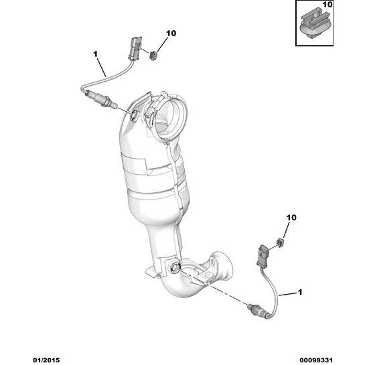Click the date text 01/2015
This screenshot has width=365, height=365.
pos(46,360)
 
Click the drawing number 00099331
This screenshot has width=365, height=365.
pos(316,360)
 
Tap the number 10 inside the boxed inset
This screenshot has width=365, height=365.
pos(327,5)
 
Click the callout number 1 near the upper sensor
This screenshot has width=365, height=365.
pos(95,54)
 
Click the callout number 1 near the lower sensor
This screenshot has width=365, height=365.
pos(300,292)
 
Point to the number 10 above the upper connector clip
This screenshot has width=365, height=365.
pos(171,33)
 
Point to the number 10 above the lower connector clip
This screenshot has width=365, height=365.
pos(291,218)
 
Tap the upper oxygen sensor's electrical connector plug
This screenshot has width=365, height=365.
pos(135,48)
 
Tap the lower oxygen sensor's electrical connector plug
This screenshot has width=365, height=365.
pos(263,256)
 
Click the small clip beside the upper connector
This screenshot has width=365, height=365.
pos(153,56)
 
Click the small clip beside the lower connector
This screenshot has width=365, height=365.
pos(280,243)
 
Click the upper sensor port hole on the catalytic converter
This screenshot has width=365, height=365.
pos(134,115)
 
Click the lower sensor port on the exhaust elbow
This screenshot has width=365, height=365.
pos(175,268)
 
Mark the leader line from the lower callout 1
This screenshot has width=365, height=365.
pos(288,294)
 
